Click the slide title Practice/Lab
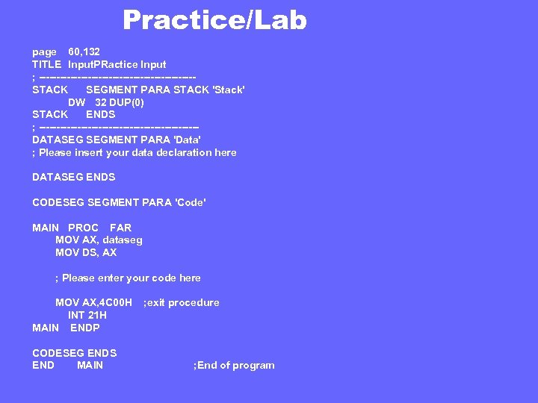[214, 20]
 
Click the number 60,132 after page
[84, 52]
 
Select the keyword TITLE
[46, 65]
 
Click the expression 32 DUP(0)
[120, 102]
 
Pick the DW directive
[77, 102]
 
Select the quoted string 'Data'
[187, 140]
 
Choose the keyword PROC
[83, 228]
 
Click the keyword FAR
[120, 228]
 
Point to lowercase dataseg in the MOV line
[123, 240]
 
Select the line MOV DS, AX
[86, 252]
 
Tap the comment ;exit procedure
[181, 302]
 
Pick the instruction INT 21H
[87, 315]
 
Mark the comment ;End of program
[234, 365]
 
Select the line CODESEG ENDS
[75, 353]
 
